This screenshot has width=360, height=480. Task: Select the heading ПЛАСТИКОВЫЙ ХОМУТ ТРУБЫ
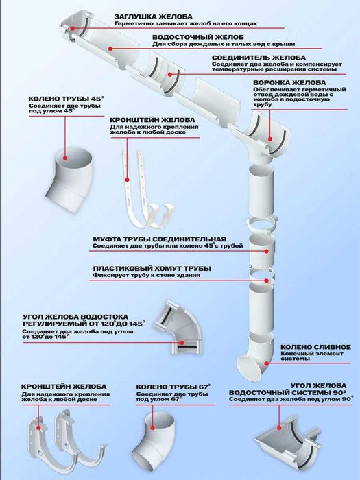pyautogui.click(x=151, y=268)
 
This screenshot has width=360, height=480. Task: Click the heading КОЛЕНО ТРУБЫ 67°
pyautogui.click(x=173, y=387)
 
